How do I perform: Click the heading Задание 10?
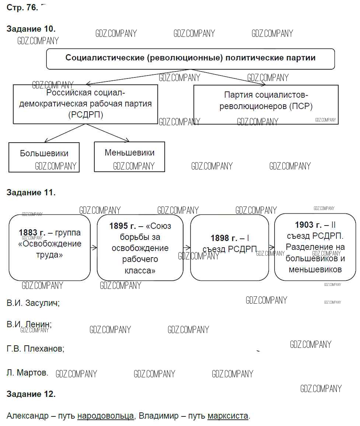pyautogui.click(x=31, y=29)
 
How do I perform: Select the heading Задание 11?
pyautogui.click(x=31, y=192)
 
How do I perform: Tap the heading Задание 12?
pyautogui.click(x=31, y=394)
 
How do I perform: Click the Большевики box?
pyautogui.click(x=44, y=154)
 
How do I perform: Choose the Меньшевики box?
pyautogui.click(x=129, y=153)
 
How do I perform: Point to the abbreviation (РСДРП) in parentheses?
pyautogui.click(x=85, y=115)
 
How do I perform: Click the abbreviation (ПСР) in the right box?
pyautogui.click(x=301, y=106)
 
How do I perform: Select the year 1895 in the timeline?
pyautogui.click(x=119, y=226)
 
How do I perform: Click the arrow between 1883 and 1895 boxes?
pyautogui.click(x=94, y=248)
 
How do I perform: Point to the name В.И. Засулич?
pyautogui.click(x=33, y=303)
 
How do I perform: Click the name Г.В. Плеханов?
pyautogui.click(x=35, y=348)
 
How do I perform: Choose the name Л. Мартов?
pyautogui.click(x=27, y=373)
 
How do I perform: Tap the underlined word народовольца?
pyautogui.click(x=105, y=416)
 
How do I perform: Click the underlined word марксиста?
pyautogui.click(x=228, y=416)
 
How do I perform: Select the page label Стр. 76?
pyautogui.click(x=22, y=8)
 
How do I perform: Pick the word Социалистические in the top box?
pyautogui.click(x=104, y=58)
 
